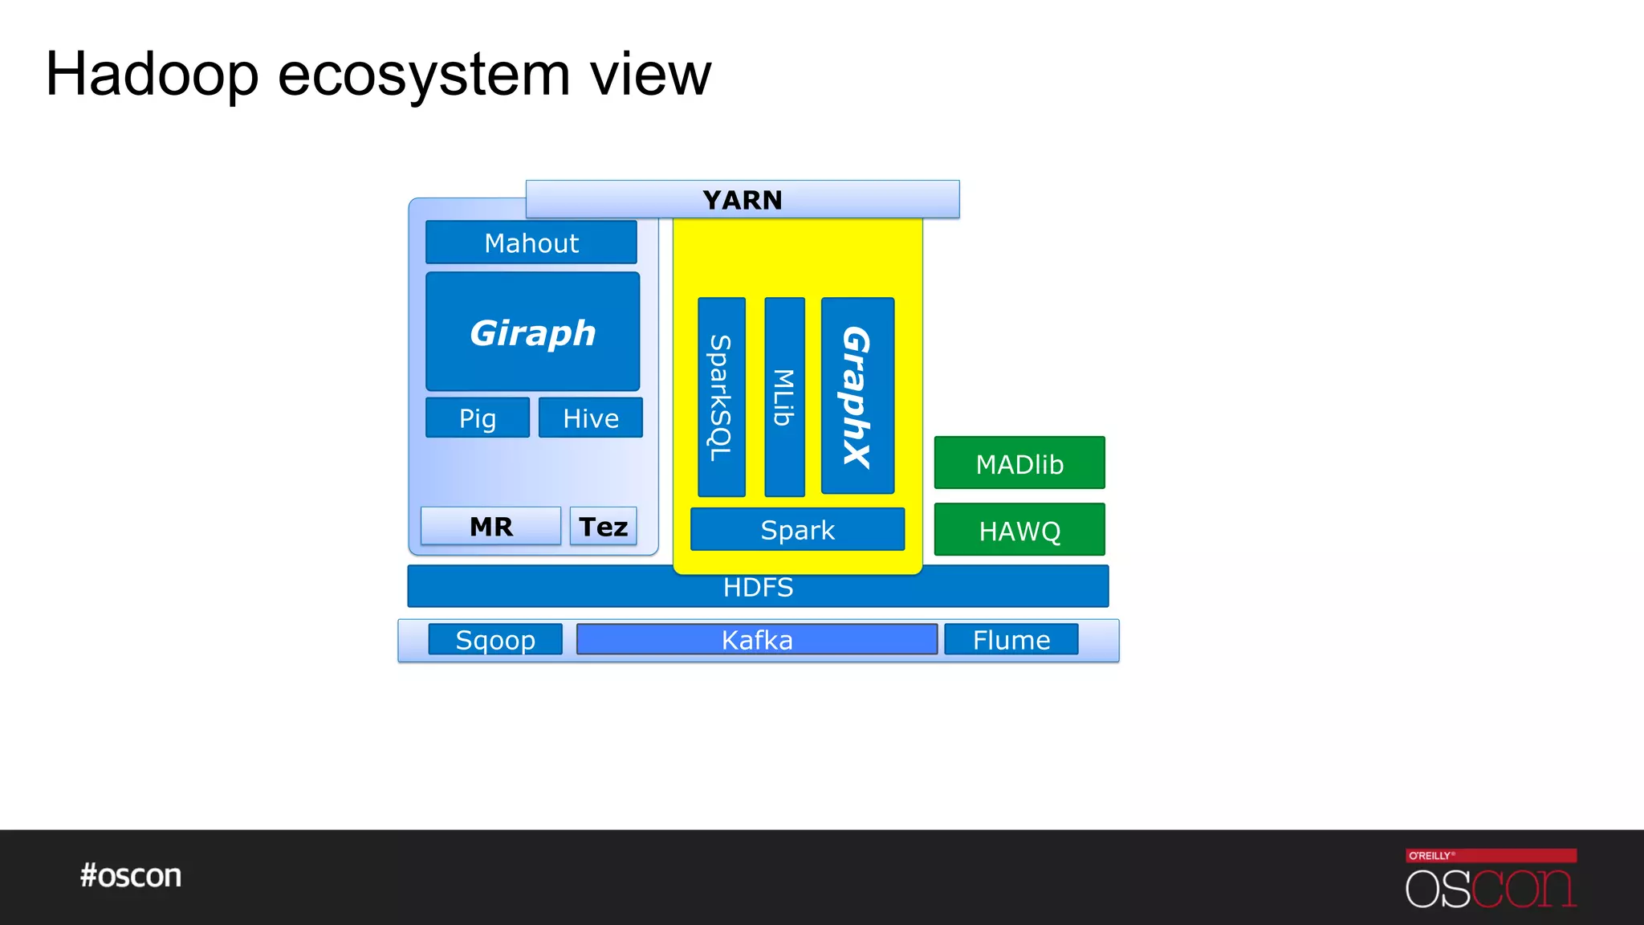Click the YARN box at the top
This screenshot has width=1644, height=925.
[743, 199]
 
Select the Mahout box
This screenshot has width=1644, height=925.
[531, 242]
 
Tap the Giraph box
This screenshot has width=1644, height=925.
[532, 332]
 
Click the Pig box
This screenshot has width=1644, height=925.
[478, 418]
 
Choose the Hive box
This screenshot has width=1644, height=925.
[591, 418]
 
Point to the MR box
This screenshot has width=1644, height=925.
[490, 526]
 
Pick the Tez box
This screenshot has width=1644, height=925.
[603, 526]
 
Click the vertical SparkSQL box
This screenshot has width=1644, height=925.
[721, 397]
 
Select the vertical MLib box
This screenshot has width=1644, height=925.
[784, 397]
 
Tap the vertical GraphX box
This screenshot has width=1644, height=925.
[857, 395]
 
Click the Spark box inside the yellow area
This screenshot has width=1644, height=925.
[797, 529]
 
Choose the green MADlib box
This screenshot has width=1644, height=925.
[1019, 463]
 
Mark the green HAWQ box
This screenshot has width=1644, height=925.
[1019, 530]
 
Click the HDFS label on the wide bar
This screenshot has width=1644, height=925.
[758, 588]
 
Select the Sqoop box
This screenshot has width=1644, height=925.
[495, 639]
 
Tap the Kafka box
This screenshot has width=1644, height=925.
[757, 639]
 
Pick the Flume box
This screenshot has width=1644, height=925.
[1011, 639]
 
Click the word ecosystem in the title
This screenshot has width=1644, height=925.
[424, 75]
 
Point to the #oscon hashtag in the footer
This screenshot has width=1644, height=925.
[131, 875]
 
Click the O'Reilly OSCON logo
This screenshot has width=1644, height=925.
[1491, 878]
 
